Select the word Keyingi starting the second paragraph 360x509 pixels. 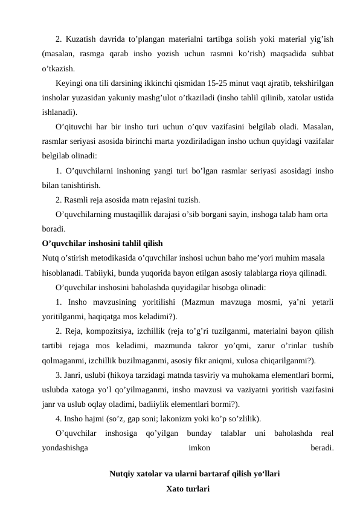tap(70, 82)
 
